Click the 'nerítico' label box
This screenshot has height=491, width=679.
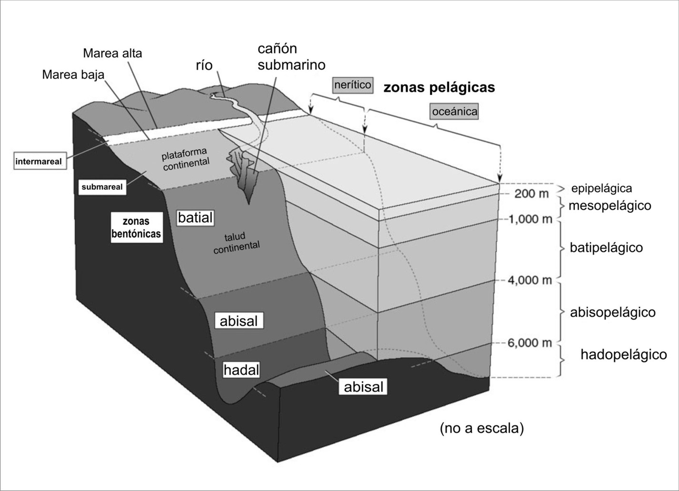352,85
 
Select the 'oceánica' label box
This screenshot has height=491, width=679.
454,112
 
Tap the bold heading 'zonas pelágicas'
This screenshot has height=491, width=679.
439,88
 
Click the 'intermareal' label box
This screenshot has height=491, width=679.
39,161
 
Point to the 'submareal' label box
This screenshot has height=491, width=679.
102,187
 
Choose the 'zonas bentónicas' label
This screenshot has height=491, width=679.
136,228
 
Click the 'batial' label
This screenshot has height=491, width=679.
195,218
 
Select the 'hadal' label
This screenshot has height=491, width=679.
241,370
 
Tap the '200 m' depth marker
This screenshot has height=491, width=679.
531,194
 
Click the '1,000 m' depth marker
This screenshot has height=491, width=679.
529,220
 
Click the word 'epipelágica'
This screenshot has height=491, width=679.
601,188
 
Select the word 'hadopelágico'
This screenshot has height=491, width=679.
623,354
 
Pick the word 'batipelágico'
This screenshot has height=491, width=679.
606,248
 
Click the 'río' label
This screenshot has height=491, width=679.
204,65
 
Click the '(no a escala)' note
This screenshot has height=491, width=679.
481,428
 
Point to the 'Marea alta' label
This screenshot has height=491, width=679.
112,53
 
